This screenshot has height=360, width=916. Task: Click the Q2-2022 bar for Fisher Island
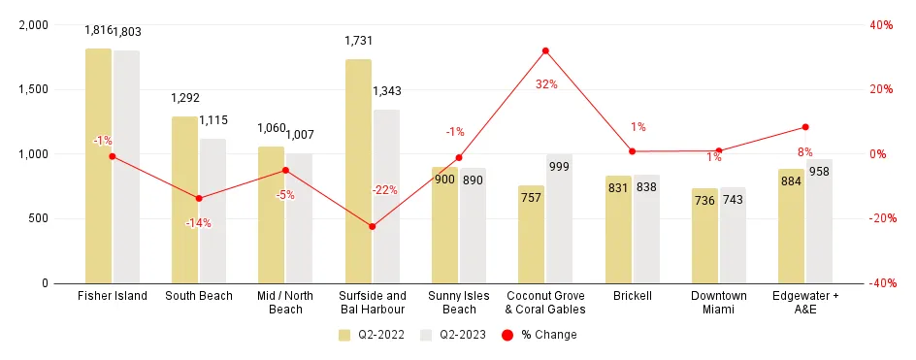click(x=98, y=165)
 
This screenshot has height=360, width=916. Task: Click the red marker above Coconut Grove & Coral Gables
click(x=545, y=50)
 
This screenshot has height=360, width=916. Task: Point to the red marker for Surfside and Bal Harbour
click(x=372, y=226)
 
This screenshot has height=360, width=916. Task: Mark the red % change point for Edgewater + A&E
click(x=805, y=127)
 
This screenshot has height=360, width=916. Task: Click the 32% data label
click(x=546, y=84)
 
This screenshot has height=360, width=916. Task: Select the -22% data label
click(x=384, y=190)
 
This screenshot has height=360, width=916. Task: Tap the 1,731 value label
click(x=358, y=41)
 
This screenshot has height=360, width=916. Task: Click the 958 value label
click(x=820, y=180)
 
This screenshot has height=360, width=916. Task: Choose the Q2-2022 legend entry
click(x=372, y=335)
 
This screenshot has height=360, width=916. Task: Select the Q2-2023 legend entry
click(x=452, y=335)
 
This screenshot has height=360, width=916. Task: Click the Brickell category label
click(x=632, y=296)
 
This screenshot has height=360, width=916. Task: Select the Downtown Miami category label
click(x=719, y=303)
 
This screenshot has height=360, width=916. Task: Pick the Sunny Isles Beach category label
click(x=459, y=303)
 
